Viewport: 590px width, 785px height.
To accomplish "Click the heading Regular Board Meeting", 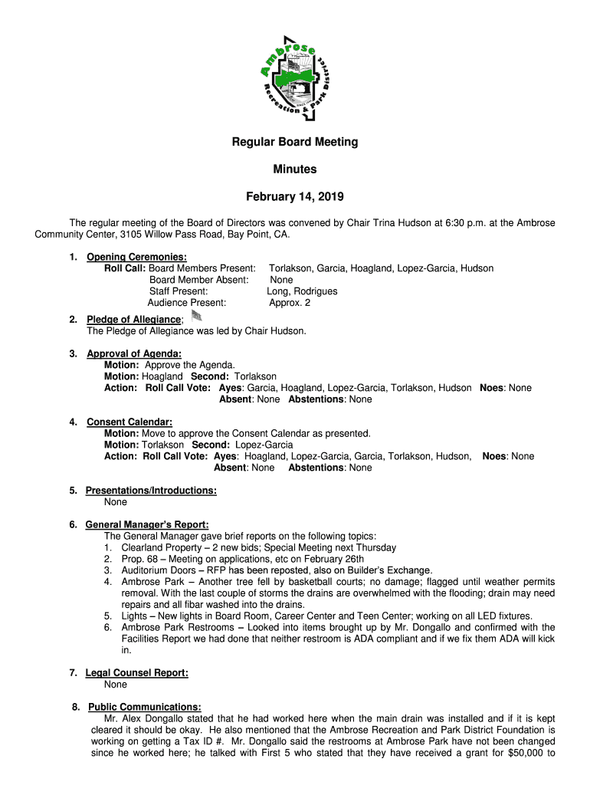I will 295,142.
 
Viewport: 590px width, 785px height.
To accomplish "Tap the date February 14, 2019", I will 295,196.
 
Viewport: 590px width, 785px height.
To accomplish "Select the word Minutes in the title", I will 295,169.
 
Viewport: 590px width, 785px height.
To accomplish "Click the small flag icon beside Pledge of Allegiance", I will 196,316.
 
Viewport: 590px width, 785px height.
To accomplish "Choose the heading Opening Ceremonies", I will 137,257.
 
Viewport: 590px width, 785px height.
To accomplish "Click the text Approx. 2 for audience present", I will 290,303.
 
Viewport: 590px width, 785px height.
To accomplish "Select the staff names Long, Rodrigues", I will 302,291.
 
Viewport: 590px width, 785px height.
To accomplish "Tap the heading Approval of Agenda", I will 134,353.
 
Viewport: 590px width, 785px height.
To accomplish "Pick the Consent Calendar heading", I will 129,422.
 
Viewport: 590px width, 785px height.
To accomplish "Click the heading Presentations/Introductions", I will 151,491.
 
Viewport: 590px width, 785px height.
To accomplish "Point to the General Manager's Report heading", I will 147,524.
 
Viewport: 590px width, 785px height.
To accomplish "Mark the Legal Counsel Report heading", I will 137,672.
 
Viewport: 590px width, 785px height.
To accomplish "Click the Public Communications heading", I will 145,707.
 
